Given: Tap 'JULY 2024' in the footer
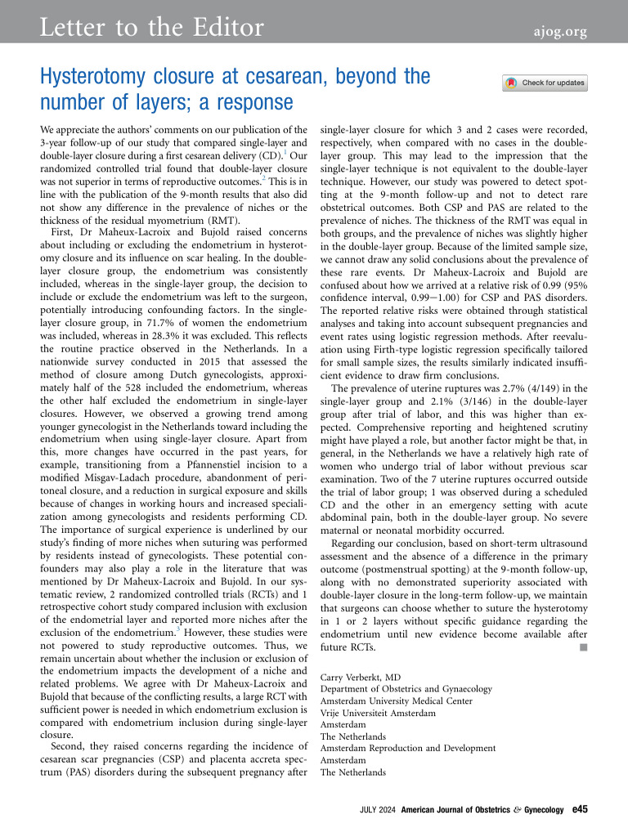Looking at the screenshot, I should pos(378,810).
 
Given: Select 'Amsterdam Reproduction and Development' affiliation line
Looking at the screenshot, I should pos(408,748).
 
